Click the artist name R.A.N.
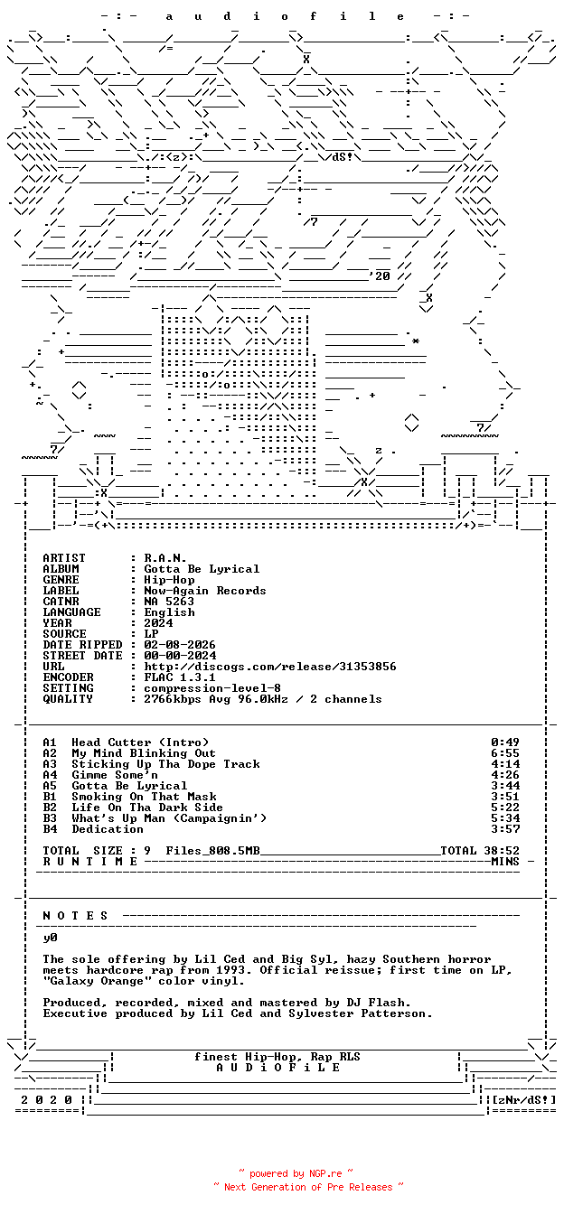point(165,558)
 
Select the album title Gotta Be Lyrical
point(202,569)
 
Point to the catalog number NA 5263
point(169,602)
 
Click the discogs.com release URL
point(270,667)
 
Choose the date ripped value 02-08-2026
point(180,645)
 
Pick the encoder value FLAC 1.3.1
point(180,677)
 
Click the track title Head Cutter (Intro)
point(140,742)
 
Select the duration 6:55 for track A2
point(505,753)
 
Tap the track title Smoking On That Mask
point(144,797)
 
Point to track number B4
point(50,829)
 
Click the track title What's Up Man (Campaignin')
point(169,818)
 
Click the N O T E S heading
point(76,916)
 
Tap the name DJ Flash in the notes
point(379,1003)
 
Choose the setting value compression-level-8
point(212,688)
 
